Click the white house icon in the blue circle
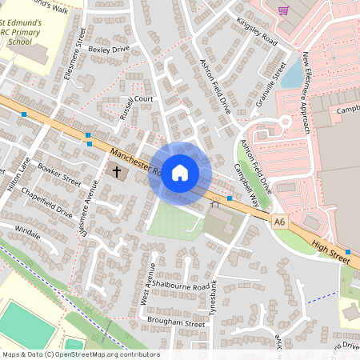pyautogui.click(x=180, y=172)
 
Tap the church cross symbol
pyautogui.click(x=116, y=171)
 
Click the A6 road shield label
pyautogui.click(x=279, y=222)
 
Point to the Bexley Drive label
pyautogui.click(x=109, y=49)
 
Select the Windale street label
pyautogui.click(x=28, y=231)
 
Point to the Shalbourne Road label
pyautogui.click(x=184, y=286)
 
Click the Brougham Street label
pyautogui.click(x=176, y=323)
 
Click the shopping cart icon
pyautogui.click(x=283, y=10)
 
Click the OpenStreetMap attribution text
pyautogui.click(x=81, y=354)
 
